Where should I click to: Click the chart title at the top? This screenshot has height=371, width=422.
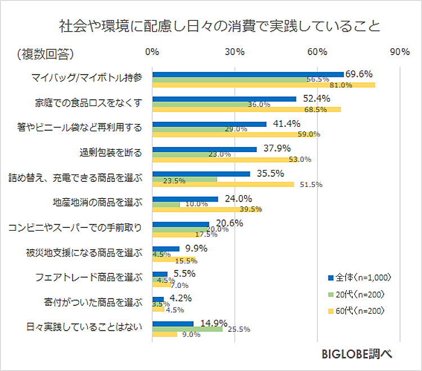[219, 26]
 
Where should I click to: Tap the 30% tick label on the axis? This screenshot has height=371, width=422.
[235, 52]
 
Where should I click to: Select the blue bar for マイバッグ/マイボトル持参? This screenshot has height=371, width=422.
[248, 74]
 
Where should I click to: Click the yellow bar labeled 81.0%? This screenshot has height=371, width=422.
[263, 85]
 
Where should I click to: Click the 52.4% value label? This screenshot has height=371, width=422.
[316, 98]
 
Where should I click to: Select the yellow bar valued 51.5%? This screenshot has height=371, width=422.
[223, 184]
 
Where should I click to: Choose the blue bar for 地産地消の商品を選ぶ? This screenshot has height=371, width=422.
[185, 199]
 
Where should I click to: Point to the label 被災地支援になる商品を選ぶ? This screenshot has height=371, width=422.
[84, 251]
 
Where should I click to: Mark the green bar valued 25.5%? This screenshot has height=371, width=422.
[187, 329]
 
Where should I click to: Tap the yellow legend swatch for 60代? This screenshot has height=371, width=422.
[330, 310]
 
